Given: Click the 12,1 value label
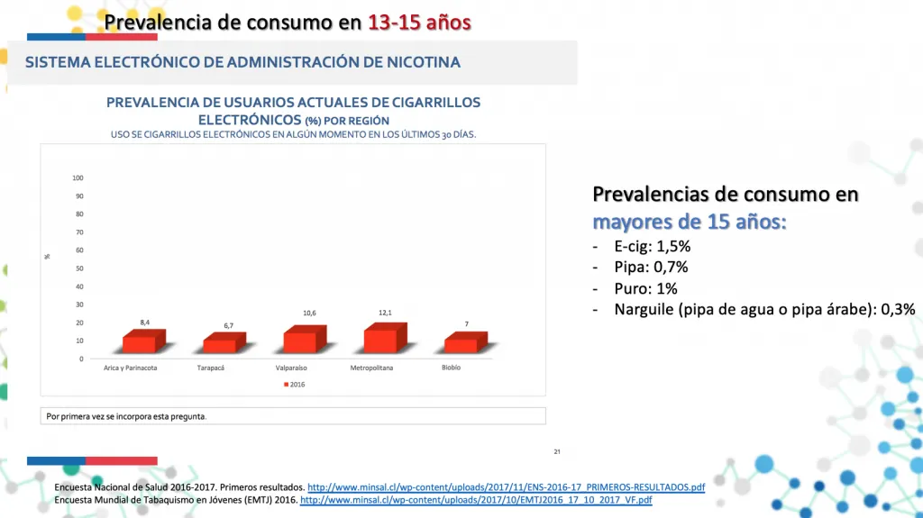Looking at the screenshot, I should (385, 313).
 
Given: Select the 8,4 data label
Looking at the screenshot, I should (144, 322).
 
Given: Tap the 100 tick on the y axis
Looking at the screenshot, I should (78, 177).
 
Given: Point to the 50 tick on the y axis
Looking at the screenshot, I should (79, 268).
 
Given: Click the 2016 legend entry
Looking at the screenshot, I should (297, 384).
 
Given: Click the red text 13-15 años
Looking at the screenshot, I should (419, 22).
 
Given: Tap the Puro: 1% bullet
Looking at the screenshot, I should (645, 288).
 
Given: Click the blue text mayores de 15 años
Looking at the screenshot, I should (690, 221).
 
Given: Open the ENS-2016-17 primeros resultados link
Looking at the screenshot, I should (506, 487).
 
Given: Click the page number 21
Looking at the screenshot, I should (557, 451).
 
